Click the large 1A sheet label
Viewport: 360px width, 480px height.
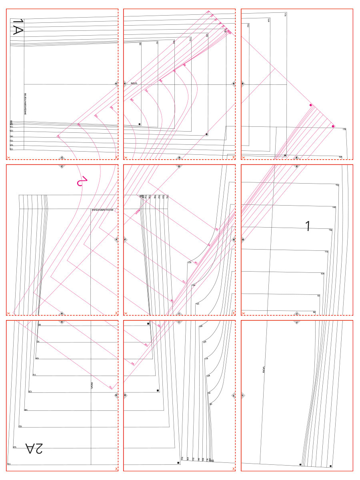click(x=18, y=27)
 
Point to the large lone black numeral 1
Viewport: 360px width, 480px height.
click(x=307, y=226)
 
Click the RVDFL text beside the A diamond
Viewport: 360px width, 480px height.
click(x=134, y=84)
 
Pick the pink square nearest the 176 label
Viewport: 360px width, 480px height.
click(x=333, y=126)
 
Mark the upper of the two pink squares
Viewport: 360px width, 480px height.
click(x=311, y=105)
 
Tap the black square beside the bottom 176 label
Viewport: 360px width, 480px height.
click(x=178, y=463)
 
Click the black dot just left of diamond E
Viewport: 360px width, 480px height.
click(x=285, y=155)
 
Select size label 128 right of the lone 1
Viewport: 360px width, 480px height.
click(x=330, y=230)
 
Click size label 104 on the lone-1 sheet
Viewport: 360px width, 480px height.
click(x=322, y=273)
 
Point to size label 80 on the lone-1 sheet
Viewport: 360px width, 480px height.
click(x=314, y=312)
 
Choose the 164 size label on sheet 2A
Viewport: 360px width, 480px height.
click(x=14, y=447)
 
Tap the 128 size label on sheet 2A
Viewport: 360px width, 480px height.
click(x=30, y=392)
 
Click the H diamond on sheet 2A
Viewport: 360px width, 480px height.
click(x=61, y=321)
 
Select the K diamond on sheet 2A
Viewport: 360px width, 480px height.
click(x=116, y=395)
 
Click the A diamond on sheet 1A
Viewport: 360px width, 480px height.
click(x=116, y=84)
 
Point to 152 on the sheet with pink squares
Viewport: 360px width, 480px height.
click(x=248, y=25)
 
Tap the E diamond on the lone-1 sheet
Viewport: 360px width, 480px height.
click(x=297, y=166)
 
